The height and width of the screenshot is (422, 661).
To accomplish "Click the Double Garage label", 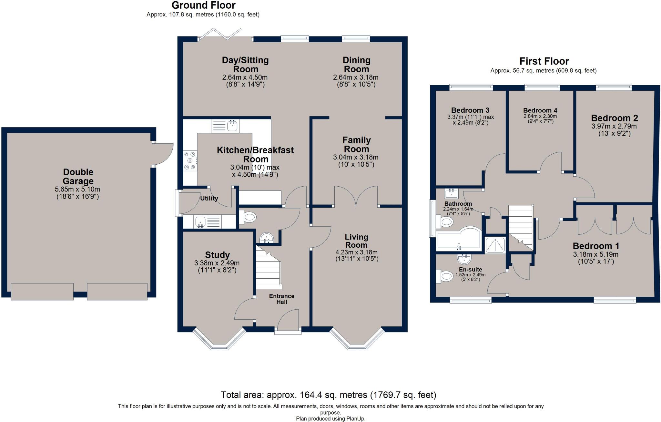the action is (x=78, y=177).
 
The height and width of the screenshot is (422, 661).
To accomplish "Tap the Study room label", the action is (x=217, y=255).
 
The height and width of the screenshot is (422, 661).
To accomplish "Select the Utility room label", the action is (x=209, y=198).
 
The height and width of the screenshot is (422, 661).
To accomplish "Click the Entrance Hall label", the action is (x=282, y=299).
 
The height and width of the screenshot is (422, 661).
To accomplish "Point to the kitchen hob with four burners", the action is (x=190, y=160).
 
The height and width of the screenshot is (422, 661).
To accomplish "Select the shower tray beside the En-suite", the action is (x=495, y=245).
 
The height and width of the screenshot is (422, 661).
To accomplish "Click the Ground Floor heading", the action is (x=203, y=5).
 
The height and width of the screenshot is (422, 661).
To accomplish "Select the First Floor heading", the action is (x=544, y=61).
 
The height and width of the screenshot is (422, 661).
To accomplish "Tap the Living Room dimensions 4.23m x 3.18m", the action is (x=356, y=252).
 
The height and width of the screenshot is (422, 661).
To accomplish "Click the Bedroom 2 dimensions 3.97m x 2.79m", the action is (x=614, y=126).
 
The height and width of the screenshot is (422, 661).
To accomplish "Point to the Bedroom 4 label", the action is (x=540, y=110).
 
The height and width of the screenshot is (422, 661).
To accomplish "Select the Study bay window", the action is (x=219, y=339).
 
